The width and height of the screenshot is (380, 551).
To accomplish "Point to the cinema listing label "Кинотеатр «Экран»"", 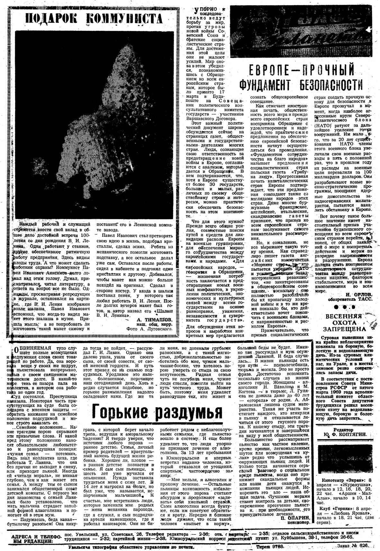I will pos(341,475).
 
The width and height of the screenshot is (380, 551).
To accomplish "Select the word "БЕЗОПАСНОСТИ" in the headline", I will pos(333,85).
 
